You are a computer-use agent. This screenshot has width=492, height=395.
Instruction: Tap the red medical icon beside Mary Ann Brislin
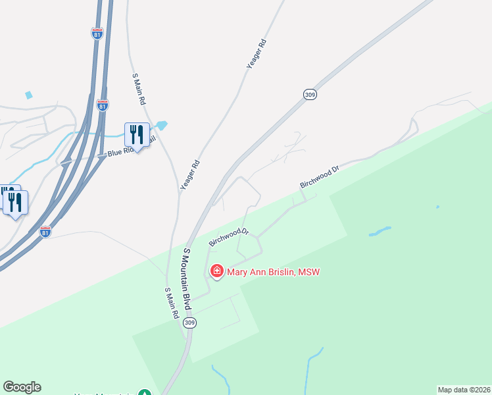pyautogui.click(x=216, y=271)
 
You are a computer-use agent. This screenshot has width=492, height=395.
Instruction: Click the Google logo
pyautogui.click(x=22, y=387)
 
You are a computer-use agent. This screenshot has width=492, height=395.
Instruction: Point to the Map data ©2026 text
pyautogui.click(x=464, y=389)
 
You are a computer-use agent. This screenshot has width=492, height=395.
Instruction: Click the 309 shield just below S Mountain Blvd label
pyautogui.click(x=190, y=323)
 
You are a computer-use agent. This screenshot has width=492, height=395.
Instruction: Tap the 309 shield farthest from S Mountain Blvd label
pyautogui.click(x=310, y=95)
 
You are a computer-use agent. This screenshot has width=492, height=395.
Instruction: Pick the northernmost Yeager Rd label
pyautogui.click(x=257, y=54)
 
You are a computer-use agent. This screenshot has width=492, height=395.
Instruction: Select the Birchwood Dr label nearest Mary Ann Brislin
pyautogui.click(x=228, y=236)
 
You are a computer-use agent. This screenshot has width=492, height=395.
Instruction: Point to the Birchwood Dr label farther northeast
pyautogui.click(x=319, y=177)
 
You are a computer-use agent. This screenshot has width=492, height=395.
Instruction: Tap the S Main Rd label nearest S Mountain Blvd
pyautogui.click(x=172, y=303)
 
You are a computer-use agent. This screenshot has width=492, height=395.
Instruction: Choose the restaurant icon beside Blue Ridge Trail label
pyautogui.click(x=137, y=134)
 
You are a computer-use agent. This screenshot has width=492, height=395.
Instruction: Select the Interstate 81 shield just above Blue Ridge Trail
pyautogui.click(x=102, y=105)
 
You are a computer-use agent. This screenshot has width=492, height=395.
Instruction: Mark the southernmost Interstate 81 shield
pyautogui.click(x=45, y=232)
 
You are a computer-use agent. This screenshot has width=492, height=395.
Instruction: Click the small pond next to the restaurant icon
pyautogui.click(x=161, y=125)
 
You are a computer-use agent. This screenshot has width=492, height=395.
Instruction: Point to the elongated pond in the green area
pyautogui.click(x=380, y=231)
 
